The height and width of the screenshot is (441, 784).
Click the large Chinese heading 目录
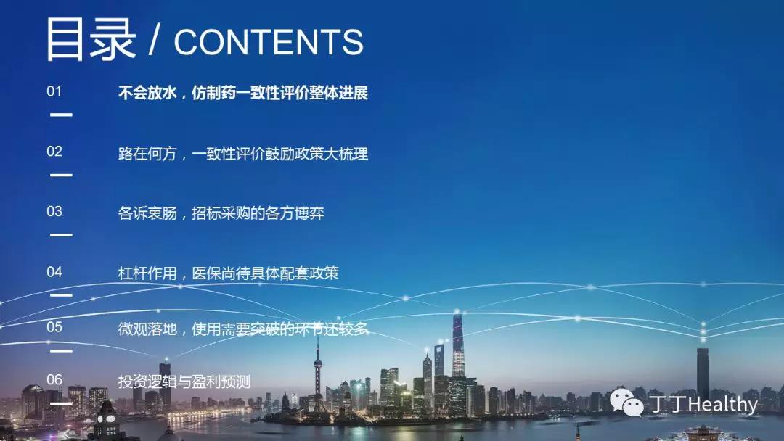coord(91,39)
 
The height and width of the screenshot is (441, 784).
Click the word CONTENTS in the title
coord(269,42)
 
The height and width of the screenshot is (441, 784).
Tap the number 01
coord(54,91)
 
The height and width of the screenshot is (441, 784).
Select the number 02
coord(54,152)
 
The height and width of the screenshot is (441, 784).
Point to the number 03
coord(54,211)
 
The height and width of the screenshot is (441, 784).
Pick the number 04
coord(54,272)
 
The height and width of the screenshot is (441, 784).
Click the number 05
coord(54,327)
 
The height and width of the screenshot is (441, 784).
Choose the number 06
coord(54,379)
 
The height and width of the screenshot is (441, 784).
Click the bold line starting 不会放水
coord(243,93)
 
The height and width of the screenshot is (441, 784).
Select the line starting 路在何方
coord(243,153)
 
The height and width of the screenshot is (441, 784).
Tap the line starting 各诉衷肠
coord(221,213)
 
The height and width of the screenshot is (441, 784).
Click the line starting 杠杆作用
coord(229,273)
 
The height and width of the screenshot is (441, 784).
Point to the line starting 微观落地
coord(243,329)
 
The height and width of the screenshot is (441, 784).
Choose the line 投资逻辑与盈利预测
coord(184,382)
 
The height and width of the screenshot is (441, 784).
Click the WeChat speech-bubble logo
coord(626,402)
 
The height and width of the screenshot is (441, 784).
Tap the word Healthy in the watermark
coord(723,404)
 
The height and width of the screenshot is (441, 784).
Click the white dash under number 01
coord(61,115)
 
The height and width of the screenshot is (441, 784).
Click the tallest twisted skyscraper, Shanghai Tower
coord(458,345)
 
